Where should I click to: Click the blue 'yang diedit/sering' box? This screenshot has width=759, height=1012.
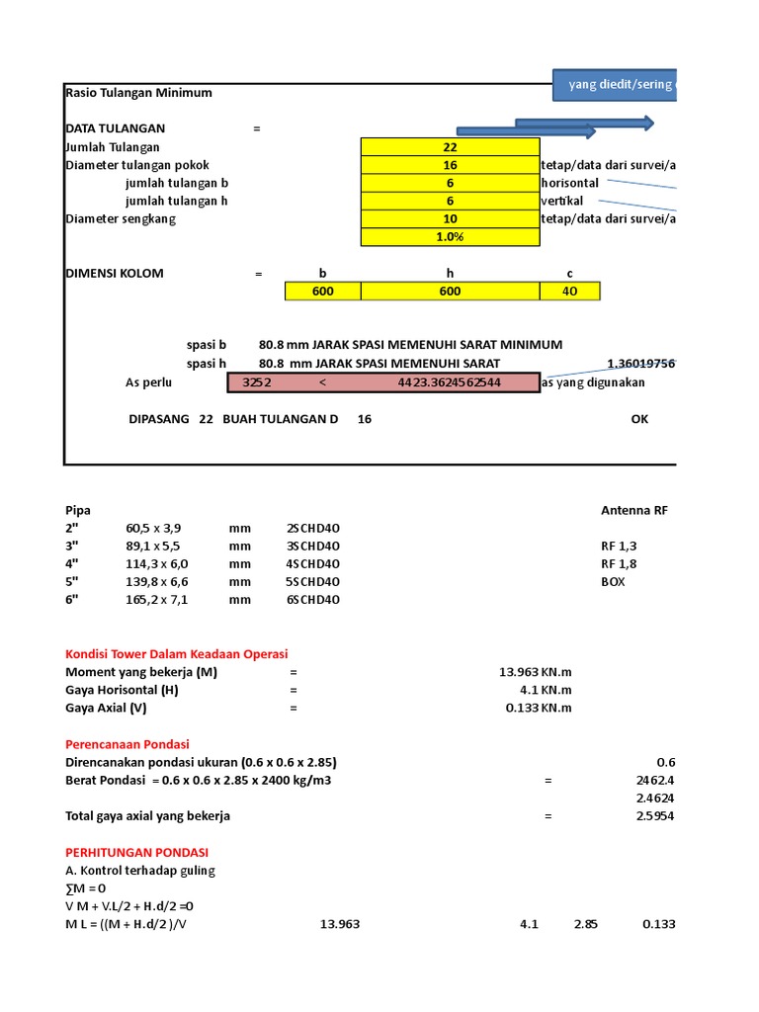(615, 85)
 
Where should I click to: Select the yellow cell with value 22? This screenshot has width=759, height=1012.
(450, 146)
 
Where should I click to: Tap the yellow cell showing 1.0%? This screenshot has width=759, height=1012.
(450, 237)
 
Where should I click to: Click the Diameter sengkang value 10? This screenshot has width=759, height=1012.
(450, 218)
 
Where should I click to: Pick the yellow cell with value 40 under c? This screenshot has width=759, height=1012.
(569, 292)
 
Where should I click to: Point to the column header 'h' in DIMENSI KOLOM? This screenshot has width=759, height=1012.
(450, 274)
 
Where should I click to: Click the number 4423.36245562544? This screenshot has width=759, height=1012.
(450, 382)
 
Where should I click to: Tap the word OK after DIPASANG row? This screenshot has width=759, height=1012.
(639, 419)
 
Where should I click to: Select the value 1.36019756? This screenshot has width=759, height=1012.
(641, 364)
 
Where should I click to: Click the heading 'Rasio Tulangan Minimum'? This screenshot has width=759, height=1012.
(138, 93)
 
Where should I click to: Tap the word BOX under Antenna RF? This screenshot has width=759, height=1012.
(613, 581)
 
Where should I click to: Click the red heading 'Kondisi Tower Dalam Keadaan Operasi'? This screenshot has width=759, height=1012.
(176, 654)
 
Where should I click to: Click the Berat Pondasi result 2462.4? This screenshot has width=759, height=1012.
(655, 780)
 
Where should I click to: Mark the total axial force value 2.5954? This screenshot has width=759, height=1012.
(655, 816)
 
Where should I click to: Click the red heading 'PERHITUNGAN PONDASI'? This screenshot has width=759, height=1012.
(136, 852)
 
